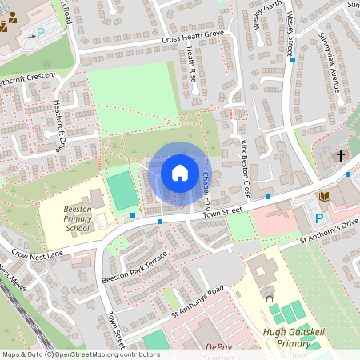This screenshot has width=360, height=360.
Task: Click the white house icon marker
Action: (x=180, y=172)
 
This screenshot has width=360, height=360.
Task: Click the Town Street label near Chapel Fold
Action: (x=221, y=210)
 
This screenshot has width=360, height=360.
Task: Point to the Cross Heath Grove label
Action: (x=193, y=38)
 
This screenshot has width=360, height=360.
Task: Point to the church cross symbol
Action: (x=340, y=155)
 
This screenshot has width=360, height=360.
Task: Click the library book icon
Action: (x=324, y=197)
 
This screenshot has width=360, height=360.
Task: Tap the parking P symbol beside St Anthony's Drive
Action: (x=319, y=218)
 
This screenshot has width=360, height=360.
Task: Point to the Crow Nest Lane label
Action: (x=37, y=254)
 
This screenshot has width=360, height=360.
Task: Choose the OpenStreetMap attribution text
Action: (x=81, y=354)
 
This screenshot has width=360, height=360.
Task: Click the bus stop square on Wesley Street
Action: (x=294, y=60)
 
